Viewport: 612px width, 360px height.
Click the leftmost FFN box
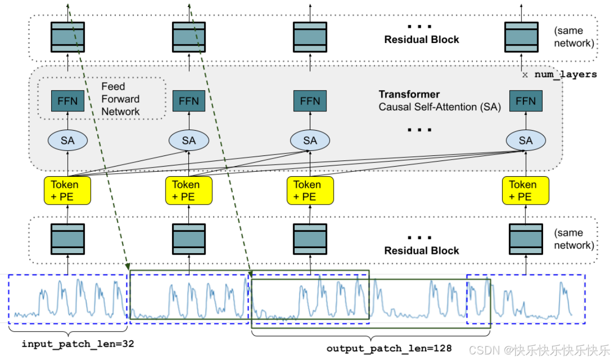[x=68, y=101]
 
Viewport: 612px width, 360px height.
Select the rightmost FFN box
[x=525, y=101]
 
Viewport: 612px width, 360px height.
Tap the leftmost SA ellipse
[x=68, y=140]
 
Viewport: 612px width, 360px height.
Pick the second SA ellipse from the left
[x=189, y=140]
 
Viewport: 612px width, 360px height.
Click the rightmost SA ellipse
[x=526, y=140]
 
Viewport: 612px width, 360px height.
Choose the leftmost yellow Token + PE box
[x=67, y=190]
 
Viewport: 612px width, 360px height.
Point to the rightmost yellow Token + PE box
[x=525, y=190]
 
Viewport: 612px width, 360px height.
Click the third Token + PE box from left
[x=310, y=190]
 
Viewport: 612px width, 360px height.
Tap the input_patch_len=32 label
[x=78, y=344]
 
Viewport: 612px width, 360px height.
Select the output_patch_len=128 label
[x=389, y=348]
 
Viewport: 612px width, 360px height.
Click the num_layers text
[x=565, y=74]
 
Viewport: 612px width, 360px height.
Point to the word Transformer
[x=409, y=94]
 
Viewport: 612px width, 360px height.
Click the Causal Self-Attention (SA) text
[x=439, y=107]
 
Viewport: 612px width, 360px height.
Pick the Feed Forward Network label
[x=120, y=99]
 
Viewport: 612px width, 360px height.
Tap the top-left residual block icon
[x=68, y=37]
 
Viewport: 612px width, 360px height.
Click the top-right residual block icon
[x=521, y=37]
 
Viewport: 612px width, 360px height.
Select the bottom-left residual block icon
[x=68, y=239]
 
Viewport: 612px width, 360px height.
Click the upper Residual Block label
[x=422, y=39]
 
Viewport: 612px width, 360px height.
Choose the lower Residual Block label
[x=422, y=251]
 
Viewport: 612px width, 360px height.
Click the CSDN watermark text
[x=540, y=350]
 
